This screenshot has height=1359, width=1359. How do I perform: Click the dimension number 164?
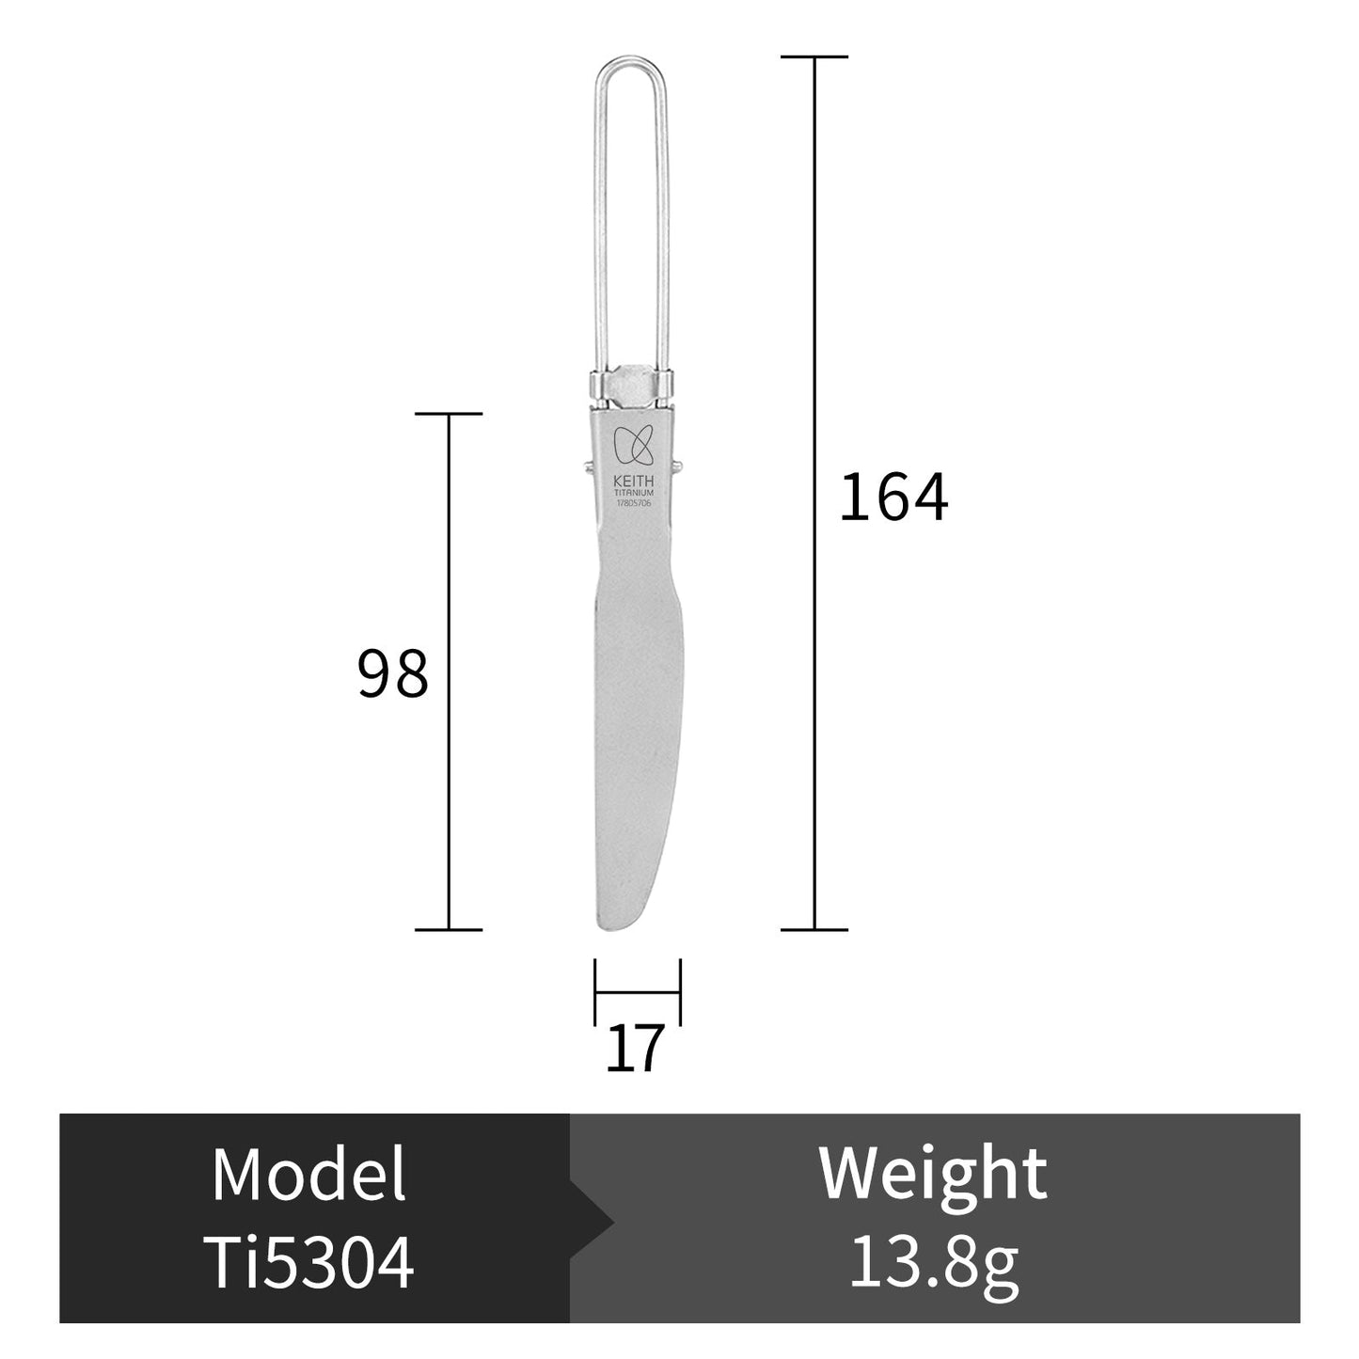[x=893, y=498]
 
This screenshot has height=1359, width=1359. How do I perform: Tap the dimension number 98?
[x=393, y=673]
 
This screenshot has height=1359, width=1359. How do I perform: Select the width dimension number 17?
[x=634, y=1049]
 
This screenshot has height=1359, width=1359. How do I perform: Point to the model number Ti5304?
[x=308, y=1262]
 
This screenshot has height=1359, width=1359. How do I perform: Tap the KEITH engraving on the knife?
[x=634, y=481]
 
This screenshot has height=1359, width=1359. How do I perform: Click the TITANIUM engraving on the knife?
[x=634, y=493]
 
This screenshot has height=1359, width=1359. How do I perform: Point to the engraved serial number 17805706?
[x=634, y=503]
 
